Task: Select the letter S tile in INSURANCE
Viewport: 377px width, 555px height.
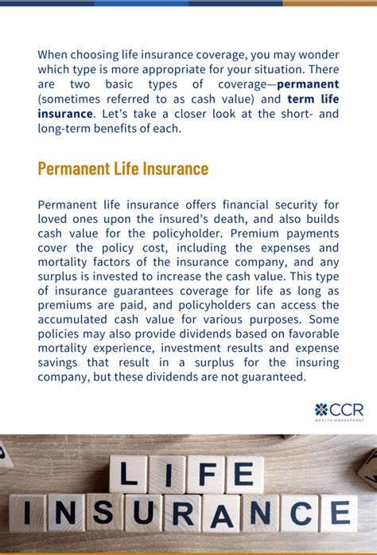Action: pos(105,512)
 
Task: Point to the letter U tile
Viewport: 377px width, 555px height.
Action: pos(144,512)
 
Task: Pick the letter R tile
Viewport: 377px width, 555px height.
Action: pos(182,512)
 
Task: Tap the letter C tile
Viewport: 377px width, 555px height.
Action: pos(299,512)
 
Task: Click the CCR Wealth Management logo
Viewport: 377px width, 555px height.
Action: pos(339,412)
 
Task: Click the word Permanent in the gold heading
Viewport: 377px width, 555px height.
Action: pos(76,169)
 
